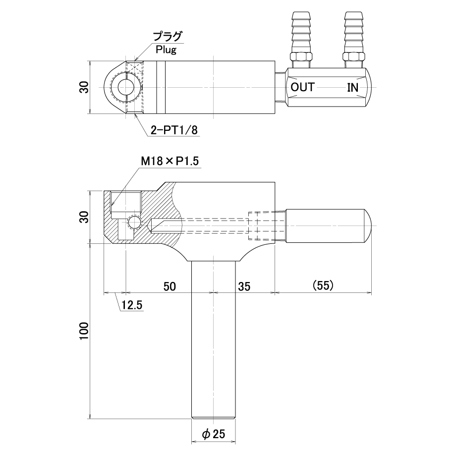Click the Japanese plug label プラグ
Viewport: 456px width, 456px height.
point(167,37)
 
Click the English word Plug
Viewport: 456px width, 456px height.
point(166,50)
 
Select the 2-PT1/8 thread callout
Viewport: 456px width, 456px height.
point(174,130)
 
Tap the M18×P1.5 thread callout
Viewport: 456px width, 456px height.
point(170,161)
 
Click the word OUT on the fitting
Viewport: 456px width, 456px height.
point(302,87)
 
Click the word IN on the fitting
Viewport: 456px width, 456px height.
point(353,87)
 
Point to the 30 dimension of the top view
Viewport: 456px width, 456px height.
point(84,87)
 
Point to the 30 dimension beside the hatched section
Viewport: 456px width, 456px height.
point(84,217)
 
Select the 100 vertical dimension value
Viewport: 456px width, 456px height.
point(84,331)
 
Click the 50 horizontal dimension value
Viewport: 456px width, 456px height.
point(170,286)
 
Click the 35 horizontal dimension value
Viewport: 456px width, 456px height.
point(244,286)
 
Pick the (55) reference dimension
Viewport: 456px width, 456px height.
point(323,285)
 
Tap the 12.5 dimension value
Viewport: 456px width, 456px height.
point(132,305)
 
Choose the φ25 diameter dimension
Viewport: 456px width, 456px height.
point(213,434)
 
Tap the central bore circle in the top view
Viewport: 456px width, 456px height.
point(125,87)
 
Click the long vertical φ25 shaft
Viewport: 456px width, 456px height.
point(213,340)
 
